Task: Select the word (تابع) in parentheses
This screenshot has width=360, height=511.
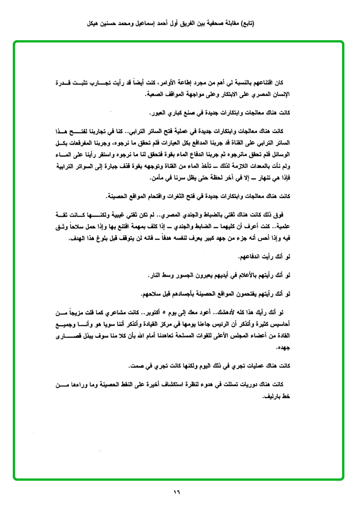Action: coord(245,23)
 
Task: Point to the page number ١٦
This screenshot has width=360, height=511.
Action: coord(177,492)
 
